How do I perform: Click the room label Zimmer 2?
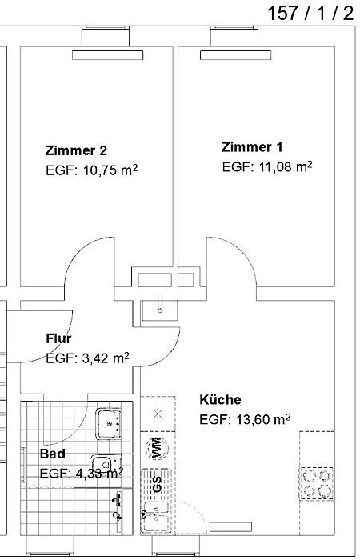tap(76, 150)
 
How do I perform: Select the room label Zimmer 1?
tap(252, 146)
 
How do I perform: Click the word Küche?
tap(220, 399)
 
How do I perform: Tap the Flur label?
tap(58, 338)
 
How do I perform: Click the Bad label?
tap(53, 454)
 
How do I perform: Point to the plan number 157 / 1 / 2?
tap(310, 13)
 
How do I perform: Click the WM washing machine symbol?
tap(158, 447)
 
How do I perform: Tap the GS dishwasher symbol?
tap(157, 484)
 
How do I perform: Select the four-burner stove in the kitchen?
tap(317, 483)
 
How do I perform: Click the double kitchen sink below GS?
tap(156, 517)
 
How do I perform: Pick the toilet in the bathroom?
tap(102, 464)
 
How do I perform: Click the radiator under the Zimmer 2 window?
tap(107, 55)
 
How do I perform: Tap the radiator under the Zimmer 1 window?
tap(235, 55)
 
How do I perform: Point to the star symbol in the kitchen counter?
tap(158, 414)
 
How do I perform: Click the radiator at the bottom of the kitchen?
tap(230, 526)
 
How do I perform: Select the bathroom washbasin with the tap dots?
tap(108, 423)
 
